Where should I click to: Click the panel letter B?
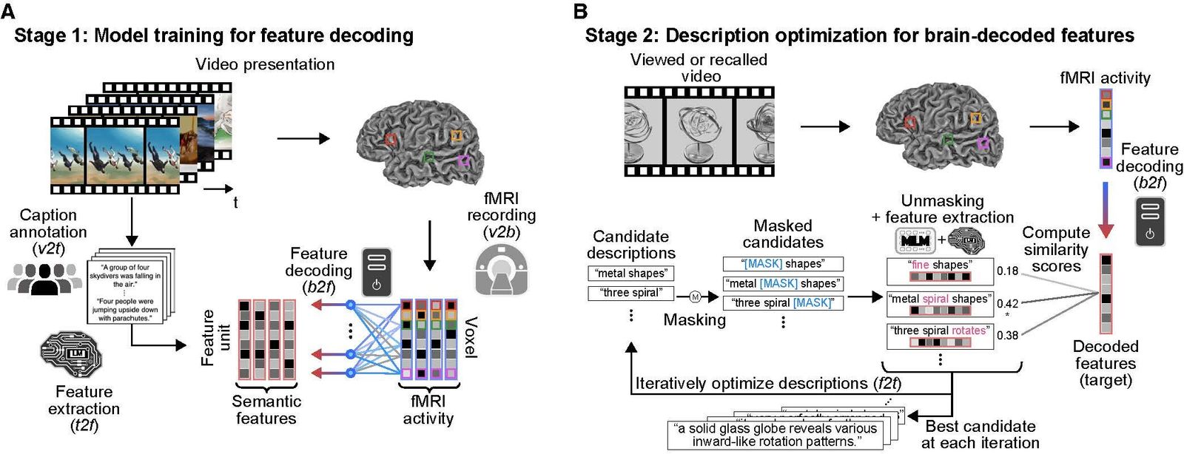tap(580, 11)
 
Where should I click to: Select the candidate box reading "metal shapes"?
tap(631, 274)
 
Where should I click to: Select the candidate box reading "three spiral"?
tap(631, 293)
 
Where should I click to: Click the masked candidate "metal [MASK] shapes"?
tap(783, 283)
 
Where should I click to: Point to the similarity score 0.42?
tap(1007, 303)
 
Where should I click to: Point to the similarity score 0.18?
tap(1007, 271)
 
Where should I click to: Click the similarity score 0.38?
tap(1007, 335)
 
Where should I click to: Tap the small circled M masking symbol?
tap(695, 297)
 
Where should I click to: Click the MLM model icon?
tap(915, 241)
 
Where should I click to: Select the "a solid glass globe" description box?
tap(775, 436)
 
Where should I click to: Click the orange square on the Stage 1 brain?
tap(457, 135)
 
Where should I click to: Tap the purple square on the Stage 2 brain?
tap(983, 143)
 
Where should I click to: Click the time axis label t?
tap(235, 202)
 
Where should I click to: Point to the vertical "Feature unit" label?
tap(215, 337)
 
